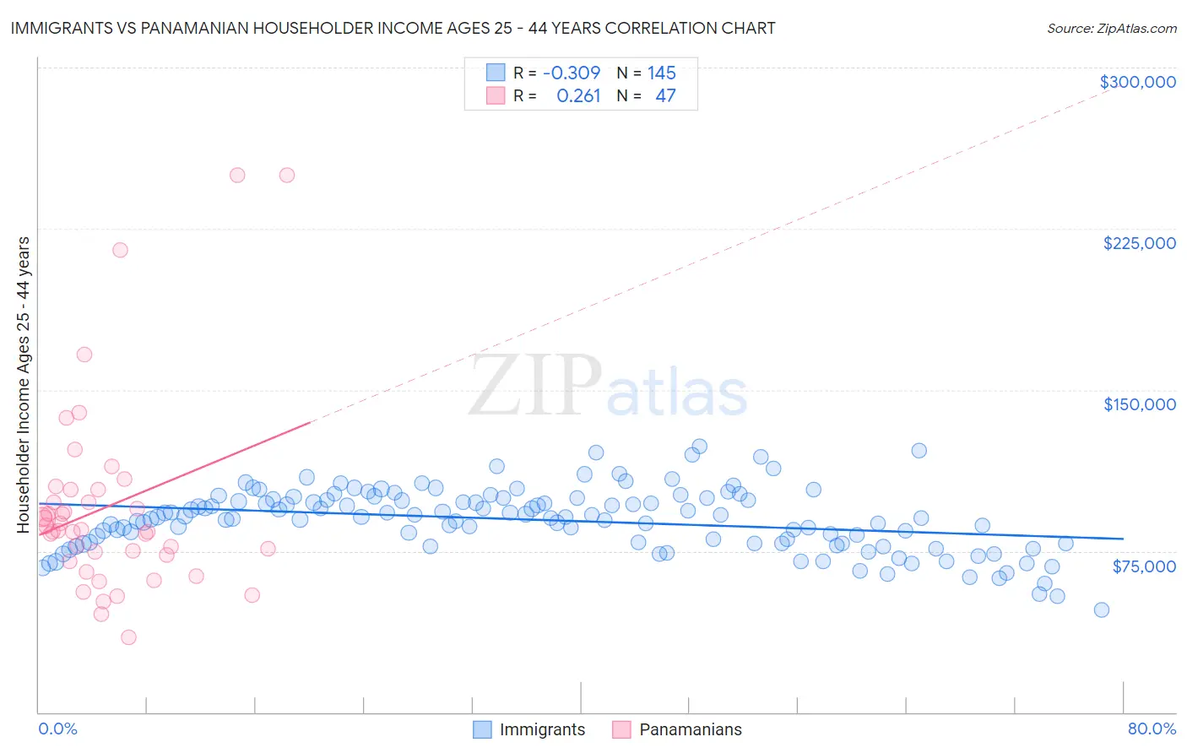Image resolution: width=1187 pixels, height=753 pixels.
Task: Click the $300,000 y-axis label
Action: [1137, 82]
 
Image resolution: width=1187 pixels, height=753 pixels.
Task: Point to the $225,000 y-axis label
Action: [1139, 243]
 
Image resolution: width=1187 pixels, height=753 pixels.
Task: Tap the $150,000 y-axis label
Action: [1139, 404]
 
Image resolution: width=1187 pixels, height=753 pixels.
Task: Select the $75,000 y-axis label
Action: [1143, 566]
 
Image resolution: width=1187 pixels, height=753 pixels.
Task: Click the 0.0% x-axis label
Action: [57, 729]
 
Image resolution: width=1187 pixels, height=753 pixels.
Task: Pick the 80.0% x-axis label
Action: [1152, 729]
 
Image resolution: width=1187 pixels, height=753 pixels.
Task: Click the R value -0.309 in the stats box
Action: [572, 73]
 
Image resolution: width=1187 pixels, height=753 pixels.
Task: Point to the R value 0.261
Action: [578, 96]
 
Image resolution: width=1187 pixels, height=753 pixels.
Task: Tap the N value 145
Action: [661, 73]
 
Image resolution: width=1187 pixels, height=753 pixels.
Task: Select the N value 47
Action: [665, 96]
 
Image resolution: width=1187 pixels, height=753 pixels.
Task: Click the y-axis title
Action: [23, 385]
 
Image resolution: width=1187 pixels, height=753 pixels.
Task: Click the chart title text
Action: [393, 28]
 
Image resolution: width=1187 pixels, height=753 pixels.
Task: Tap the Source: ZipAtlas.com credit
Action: [1111, 29]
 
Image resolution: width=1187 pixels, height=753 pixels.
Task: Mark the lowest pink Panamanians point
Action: [128, 637]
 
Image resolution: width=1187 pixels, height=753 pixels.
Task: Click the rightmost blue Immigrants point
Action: [1101, 609]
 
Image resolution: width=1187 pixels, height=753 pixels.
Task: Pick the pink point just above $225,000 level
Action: [120, 250]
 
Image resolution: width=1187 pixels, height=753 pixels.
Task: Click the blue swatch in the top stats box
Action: [496, 73]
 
